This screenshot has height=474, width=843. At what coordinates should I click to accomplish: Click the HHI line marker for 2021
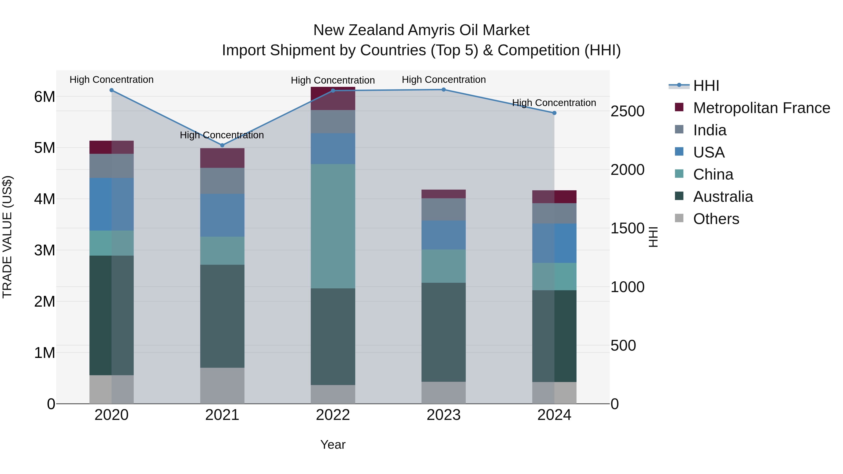pyautogui.click(x=222, y=145)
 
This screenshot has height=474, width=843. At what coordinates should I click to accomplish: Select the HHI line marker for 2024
pyautogui.click(x=554, y=113)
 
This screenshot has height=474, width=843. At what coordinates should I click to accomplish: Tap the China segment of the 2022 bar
pyautogui.click(x=333, y=226)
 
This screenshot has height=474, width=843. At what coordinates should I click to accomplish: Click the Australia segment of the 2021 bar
pyautogui.click(x=222, y=316)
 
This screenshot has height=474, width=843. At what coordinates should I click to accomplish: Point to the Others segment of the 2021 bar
pyautogui.click(x=222, y=386)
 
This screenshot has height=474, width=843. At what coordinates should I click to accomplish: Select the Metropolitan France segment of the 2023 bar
pyautogui.click(x=444, y=194)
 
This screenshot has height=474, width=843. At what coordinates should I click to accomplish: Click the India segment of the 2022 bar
pyautogui.click(x=333, y=122)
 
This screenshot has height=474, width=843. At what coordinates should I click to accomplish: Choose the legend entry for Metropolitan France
pyautogui.click(x=761, y=108)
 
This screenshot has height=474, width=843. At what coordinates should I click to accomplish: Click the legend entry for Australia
pyautogui.click(x=723, y=197)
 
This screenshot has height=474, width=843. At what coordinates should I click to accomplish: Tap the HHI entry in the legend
pyautogui.click(x=706, y=86)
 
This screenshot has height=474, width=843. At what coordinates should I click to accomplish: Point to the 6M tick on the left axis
pyautogui.click(x=44, y=97)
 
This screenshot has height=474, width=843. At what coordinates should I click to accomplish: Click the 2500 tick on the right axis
pyautogui.click(x=627, y=112)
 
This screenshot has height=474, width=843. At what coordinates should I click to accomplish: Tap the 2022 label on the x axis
pyautogui.click(x=333, y=415)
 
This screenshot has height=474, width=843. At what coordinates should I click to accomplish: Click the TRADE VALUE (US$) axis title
pyautogui.click(x=7, y=237)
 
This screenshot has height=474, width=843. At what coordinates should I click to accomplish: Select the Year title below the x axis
pyautogui.click(x=333, y=445)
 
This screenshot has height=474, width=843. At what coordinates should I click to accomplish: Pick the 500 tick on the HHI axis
pyautogui.click(x=623, y=346)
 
